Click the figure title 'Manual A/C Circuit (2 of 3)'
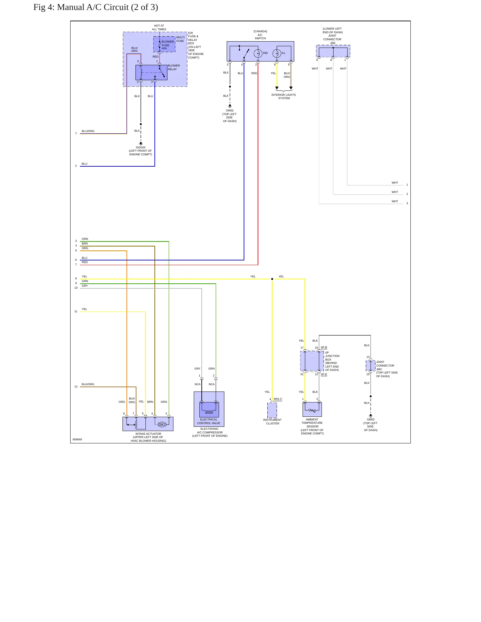coord(108,7)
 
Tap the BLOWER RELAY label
coord(174,68)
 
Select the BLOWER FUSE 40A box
coord(164,44)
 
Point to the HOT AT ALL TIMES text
coord(159,28)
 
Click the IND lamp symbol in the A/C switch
coord(258,53)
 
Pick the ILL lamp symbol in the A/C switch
coord(277,53)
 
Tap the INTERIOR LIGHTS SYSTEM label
coord(284,96)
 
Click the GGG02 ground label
coord(140,147)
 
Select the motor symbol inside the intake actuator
coord(162,424)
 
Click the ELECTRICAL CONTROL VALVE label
coord(209,421)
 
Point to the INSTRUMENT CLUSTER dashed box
coord(272,410)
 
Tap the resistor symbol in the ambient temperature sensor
coord(312,410)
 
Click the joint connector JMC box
coord(370,366)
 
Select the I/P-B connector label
coord(324,347)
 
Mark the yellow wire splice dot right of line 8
coord(272,279)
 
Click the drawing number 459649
coord(77,439)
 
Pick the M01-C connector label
coord(278,399)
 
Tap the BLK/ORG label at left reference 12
coord(88,384)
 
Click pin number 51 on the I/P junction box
coord(302,374)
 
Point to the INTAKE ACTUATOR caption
coord(148,434)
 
